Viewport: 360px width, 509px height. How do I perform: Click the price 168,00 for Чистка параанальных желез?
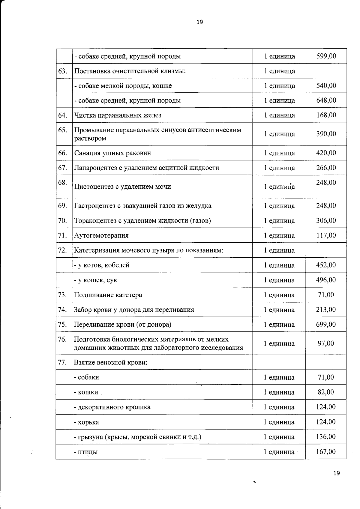[326, 115]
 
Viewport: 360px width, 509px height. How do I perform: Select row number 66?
[62, 153]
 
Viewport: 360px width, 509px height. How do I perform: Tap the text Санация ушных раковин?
[112, 153]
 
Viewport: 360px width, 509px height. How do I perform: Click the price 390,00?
[326, 134]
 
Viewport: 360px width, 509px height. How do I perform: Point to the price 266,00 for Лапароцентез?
[326, 168]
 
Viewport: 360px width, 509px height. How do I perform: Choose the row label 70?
[62, 221]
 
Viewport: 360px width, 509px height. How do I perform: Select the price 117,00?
[326, 235]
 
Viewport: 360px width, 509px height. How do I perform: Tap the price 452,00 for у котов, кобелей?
[326, 265]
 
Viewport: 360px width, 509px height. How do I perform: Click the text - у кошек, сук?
[96, 280]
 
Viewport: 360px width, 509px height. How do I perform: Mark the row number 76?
[62, 339]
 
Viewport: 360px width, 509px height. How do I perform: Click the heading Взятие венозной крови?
[111, 362]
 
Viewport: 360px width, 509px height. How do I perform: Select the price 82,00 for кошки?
[326, 392]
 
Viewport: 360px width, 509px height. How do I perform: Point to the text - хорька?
[86, 422]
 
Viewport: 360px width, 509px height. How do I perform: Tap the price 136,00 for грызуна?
[326, 437]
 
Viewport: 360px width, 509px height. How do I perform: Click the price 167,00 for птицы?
[326, 452]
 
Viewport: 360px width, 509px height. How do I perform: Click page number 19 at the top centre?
[199, 22]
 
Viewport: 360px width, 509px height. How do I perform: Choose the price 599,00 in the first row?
[326, 56]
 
